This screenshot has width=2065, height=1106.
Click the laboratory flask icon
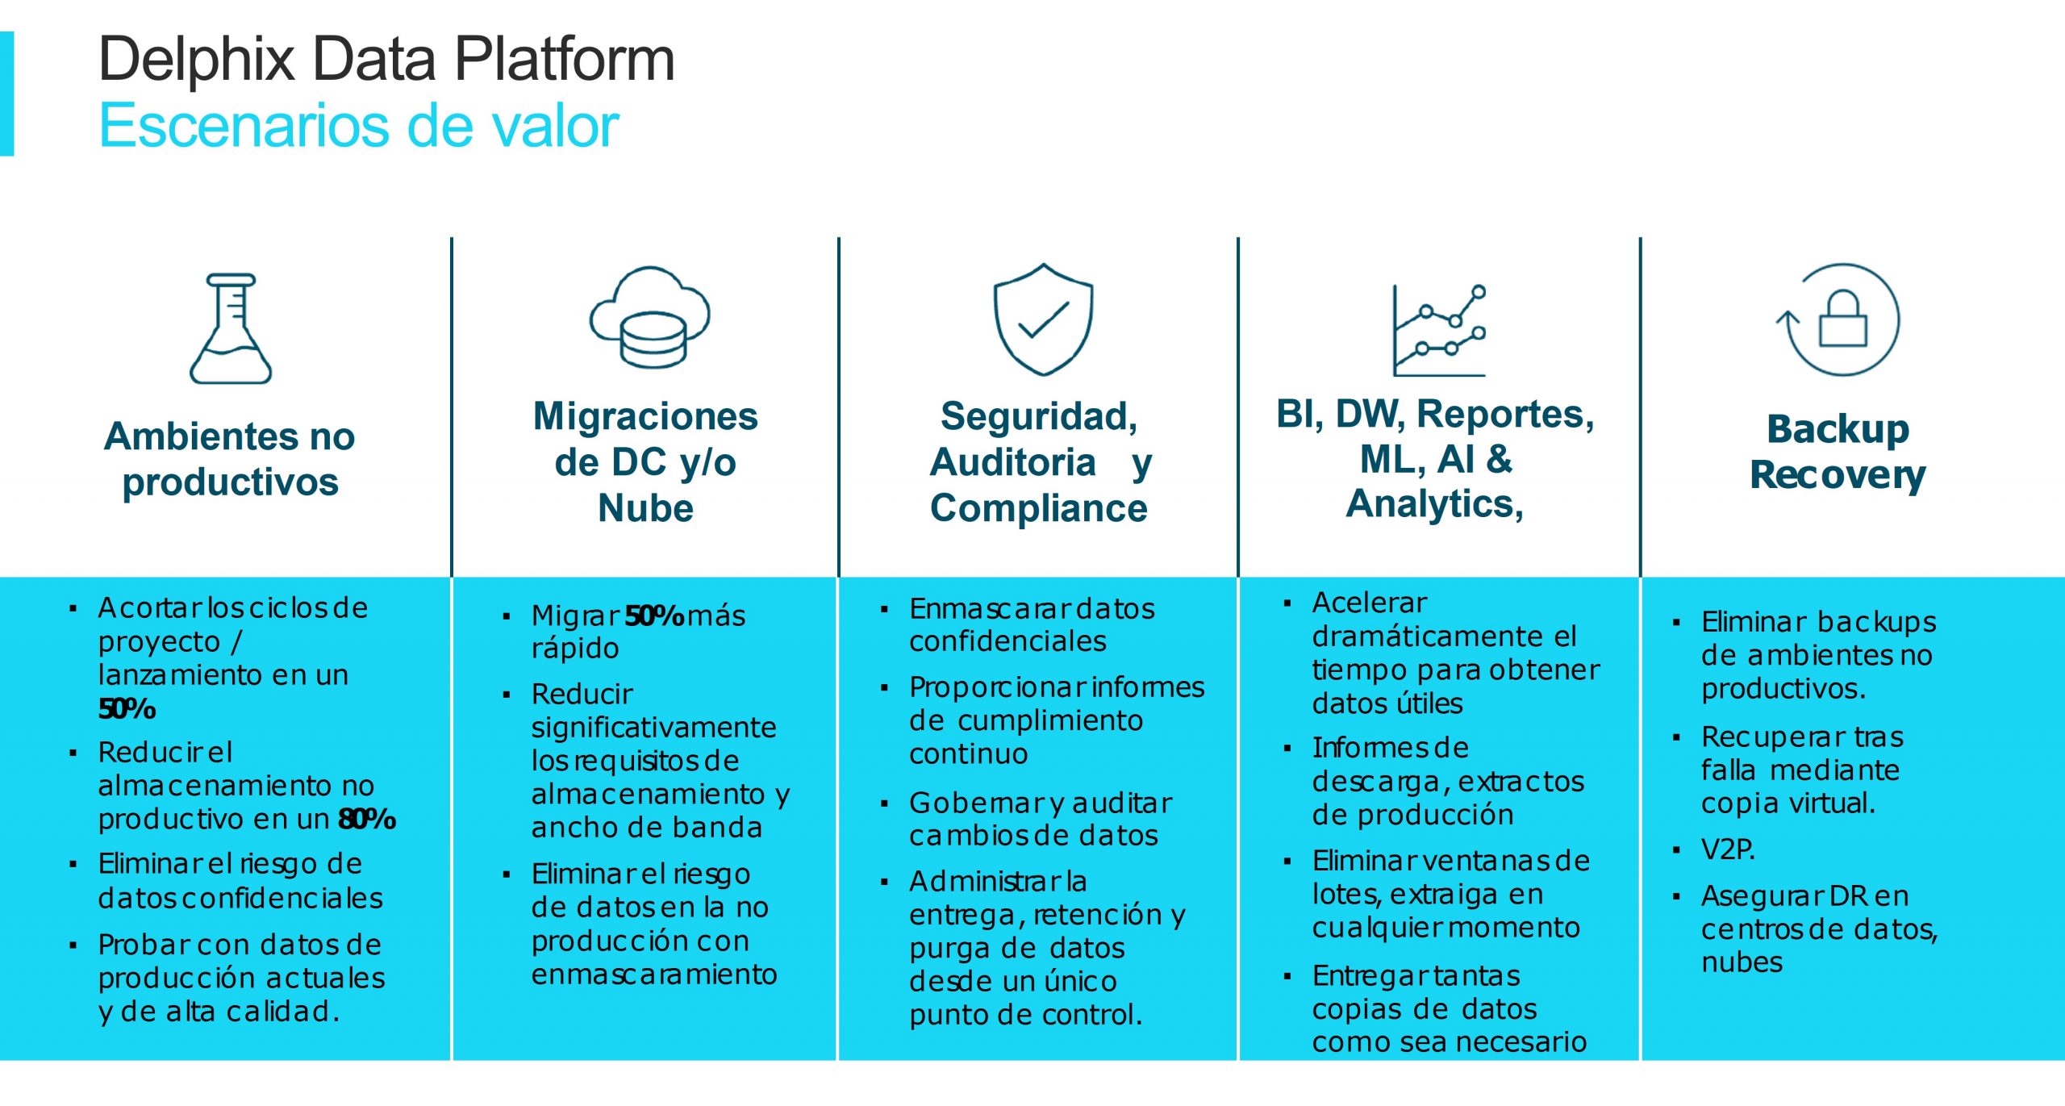[x=231, y=329]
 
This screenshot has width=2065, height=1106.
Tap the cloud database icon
[x=650, y=318]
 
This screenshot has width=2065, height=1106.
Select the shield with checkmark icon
[x=1043, y=319]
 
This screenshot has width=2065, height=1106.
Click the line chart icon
[x=1439, y=331]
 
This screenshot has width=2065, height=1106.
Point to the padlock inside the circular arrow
[x=1843, y=319]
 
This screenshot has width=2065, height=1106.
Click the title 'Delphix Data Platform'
[x=386, y=59]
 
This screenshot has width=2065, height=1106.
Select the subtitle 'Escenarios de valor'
[x=358, y=126]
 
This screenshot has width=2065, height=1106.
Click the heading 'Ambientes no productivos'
[x=230, y=458]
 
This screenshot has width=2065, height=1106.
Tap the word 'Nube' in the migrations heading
[x=645, y=508]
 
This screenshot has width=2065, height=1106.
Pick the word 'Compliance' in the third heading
[x=1038, y=508]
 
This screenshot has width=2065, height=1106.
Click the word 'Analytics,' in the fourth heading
[x=1435, y=504]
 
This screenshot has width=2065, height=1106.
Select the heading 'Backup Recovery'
[x=1838, y=452]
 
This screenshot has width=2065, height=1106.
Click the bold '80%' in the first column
[x=367, y=819]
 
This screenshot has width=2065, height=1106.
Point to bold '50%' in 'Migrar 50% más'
[x=654, y=616]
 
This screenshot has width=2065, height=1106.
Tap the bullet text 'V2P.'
[x=1728, y=849]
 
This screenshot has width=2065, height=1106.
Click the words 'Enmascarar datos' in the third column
[x=1032, y=608]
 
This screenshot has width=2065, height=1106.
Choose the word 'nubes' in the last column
[x=1742, y=962]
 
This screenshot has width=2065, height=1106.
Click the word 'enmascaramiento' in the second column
[x=653, y=975]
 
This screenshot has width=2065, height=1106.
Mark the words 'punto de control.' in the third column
[x=1025, y=1015]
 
